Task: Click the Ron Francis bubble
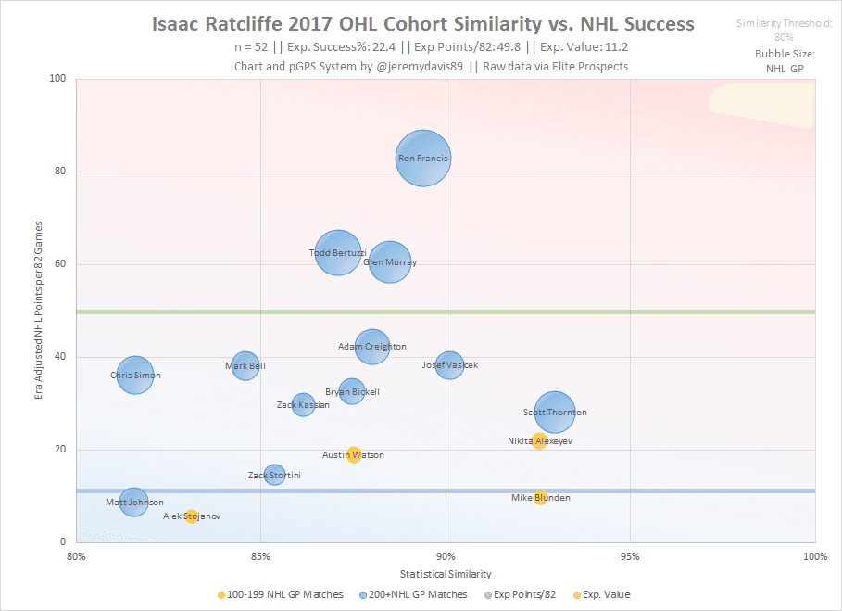click(x=423, y=159)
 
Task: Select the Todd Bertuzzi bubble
click(x=338, y=253)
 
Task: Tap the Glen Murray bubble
click(x=390, y=262)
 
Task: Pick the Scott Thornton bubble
click(x=555, y=413)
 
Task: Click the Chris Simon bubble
click(x=135, y=376)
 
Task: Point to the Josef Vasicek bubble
click(x=449, y=365)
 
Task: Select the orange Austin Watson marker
click(x=353, y=454)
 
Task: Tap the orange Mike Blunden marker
click(x=540, y=498)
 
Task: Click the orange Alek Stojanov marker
click(x=191, y=516)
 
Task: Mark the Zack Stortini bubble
click(x=274, y=476)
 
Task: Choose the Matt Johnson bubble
click(x=134, y=503)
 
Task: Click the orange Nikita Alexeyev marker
click(x=539, y=441)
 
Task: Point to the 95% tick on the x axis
click(x=630, y=556)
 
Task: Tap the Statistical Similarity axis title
click(x=446, y=574)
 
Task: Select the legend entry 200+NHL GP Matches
click(x=417, y=594)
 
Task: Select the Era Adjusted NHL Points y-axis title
click(x=38, y=310)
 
